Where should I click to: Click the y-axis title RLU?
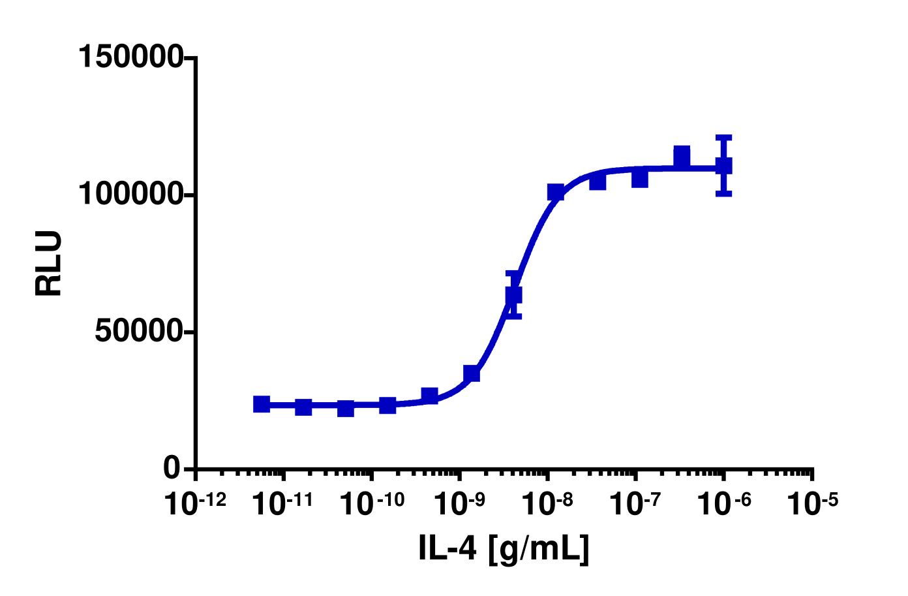tap(49, 263)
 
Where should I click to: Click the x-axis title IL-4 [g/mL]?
tap(504, 549)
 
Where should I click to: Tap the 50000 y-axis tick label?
tap(138, 332)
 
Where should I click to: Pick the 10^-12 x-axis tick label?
tap(195, 503)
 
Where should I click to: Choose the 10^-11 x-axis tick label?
tap(283, 503)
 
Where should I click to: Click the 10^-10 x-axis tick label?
tap(371, 503)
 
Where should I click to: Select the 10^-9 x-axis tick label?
tap(461, 503)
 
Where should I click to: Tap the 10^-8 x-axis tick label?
tap(549, 503)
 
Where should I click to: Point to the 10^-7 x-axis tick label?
tap(637, 503)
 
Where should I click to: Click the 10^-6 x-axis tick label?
tap(724, 503)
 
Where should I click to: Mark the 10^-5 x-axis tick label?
tap(811, 503)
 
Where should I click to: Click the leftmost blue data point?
tap(262, 404)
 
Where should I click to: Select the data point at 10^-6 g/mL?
tap(723, 166)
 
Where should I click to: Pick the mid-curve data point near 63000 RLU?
tap(513, 295)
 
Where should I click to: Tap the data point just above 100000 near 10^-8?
tap(556, 192)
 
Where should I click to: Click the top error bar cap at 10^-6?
tap(723, 138)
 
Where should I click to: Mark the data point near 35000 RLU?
tap(472, 373)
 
